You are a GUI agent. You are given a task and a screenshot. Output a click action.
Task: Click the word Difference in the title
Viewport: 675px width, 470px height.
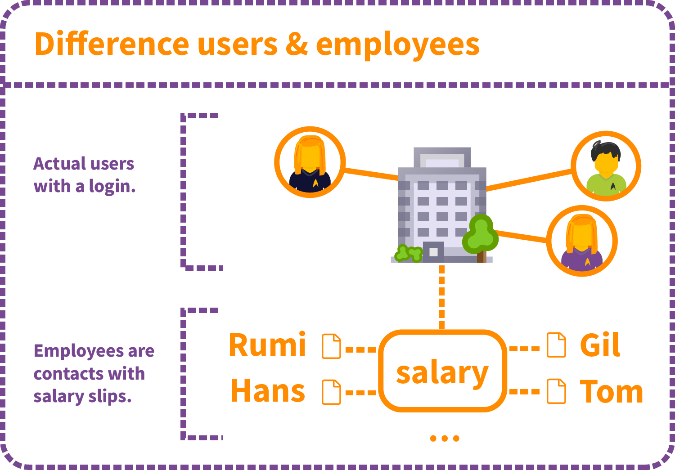112,44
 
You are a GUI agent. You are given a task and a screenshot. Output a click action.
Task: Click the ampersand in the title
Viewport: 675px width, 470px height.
297,44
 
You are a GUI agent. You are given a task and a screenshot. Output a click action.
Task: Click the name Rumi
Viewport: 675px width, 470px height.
267,345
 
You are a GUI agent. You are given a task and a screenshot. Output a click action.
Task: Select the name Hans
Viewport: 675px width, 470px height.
268,391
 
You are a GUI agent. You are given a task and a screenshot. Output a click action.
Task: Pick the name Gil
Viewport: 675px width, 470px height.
600,345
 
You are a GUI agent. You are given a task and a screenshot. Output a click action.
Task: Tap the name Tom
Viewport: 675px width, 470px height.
611,391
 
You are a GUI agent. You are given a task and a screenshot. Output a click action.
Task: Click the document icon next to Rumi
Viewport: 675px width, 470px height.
331,346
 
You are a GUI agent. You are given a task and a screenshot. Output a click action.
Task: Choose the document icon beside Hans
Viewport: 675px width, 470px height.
331,392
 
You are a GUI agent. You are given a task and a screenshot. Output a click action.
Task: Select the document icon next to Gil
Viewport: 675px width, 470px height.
556,345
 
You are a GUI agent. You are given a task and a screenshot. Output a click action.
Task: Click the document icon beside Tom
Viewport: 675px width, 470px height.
556,391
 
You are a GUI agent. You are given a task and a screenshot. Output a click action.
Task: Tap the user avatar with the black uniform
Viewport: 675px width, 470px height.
310,162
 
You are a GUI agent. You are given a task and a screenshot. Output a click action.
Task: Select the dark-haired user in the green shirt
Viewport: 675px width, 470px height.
606,166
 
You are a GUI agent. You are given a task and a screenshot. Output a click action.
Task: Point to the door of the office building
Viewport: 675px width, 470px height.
433,252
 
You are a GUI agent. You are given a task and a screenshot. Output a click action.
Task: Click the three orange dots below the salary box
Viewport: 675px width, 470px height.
445,438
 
